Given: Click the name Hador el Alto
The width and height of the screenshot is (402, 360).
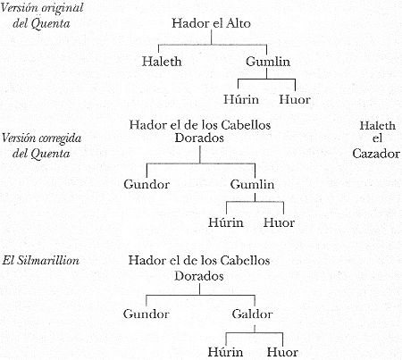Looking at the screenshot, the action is pyautogui.click(x=211, y=23).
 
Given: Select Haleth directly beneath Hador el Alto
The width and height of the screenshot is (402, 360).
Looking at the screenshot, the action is pyautogui.click(x=162, y=62).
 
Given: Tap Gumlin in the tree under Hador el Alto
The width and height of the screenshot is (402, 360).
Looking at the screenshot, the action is pyautogui.click(x=268, y=62).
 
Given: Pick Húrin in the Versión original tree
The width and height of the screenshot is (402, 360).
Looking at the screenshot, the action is pyautogui.click(x=241, y=99).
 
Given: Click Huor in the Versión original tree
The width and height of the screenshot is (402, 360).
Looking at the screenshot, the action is pyautogui.click(x=295, y=99).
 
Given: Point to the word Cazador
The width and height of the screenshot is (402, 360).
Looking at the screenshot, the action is pyautogui.click(x=376, y=154).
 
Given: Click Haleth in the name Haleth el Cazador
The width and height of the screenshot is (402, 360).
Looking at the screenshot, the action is pyautogui.click(x=378, y=126).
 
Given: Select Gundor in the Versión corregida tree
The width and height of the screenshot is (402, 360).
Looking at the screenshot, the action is pyautogui.click(x=147, y=184).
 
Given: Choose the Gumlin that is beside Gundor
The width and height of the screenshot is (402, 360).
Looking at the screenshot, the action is pyautogui.click(x=252, y=184).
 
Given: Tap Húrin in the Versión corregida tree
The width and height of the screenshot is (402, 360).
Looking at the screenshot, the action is pyautogui.click(x=226, y=222).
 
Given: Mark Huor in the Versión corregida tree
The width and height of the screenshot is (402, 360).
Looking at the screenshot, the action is pyautogui.click(x=279, y=222).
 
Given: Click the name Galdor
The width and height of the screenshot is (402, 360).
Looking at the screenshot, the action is pyautogui.click(x=252, y=314).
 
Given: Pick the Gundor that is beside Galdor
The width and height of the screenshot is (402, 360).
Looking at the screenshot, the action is pyautogui.click(x=146, y=314).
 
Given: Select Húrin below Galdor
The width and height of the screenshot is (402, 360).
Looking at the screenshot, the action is pyautogui.click(x=225, y=352).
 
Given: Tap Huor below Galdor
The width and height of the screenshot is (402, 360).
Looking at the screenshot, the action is pyautogui.click(x=282, y=352).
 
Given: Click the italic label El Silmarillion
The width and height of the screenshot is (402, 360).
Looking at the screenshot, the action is pyautogui.click(x=41, y=261).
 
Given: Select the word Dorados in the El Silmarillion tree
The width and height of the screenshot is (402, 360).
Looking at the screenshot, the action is pyautogui.click(x=199, y=276).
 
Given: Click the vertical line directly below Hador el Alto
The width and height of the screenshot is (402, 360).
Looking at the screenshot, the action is pyautogui.click(x=212, y=38).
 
